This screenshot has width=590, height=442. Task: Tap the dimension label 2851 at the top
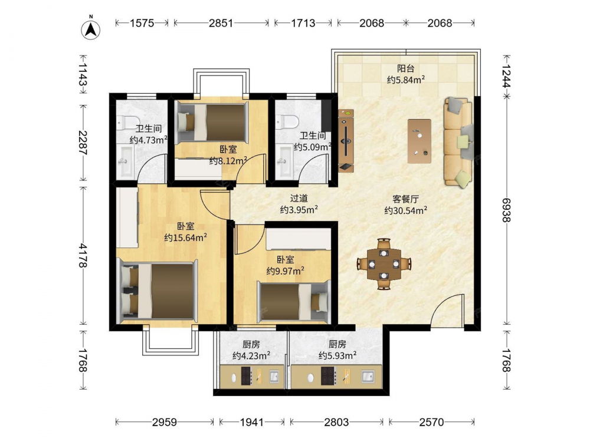[221, 24]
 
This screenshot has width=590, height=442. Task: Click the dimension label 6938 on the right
[506, 210]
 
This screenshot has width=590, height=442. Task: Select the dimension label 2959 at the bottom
[165, 422]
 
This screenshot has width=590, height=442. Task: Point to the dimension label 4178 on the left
[83, 256]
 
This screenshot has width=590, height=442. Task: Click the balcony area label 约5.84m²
[406, 80]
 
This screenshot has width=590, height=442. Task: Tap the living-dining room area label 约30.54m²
[406, 210]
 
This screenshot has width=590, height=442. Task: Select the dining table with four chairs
[384, 264]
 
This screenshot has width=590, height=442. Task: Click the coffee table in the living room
[419, 141]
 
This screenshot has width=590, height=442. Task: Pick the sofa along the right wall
[458, 141]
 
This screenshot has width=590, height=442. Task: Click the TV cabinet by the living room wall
[346, 141]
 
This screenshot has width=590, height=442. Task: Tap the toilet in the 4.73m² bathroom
[123, 122]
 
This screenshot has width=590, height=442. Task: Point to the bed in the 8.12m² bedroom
[212, 123]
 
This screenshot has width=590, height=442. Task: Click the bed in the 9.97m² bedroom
[294, 302]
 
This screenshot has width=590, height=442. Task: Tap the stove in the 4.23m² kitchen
[247, 376]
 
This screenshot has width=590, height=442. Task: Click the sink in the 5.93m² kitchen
[367, 376]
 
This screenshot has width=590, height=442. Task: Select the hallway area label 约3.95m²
[299, 210]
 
